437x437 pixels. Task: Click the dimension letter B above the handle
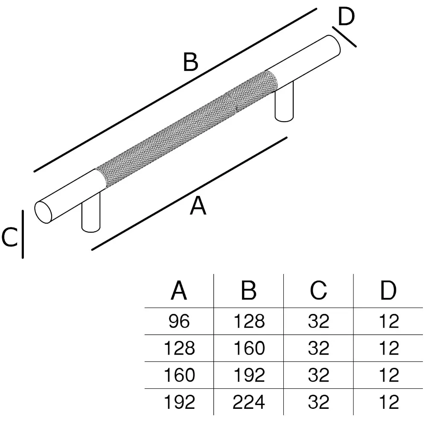point(191,62)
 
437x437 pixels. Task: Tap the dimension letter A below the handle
point(198,207)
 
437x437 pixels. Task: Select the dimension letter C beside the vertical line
point(9,237)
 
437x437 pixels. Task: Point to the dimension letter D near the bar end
point(346,17)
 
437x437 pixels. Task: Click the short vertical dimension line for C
point(23,234)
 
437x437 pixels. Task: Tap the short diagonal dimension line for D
point(344,36)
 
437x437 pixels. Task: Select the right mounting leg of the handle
point(284,102)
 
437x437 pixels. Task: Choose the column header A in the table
point(179,291)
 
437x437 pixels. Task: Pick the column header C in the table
point(318,291)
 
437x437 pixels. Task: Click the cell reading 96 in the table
point(179,321)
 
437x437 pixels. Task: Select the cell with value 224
point(249,402)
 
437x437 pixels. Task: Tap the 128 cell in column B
point(249,321)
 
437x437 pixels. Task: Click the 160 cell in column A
point(179,375)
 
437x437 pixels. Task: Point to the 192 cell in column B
point(249,375)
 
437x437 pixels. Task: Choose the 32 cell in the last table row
point(318,402)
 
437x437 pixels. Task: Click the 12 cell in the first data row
point(388,321)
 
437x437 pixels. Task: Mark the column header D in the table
point(388,291)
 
